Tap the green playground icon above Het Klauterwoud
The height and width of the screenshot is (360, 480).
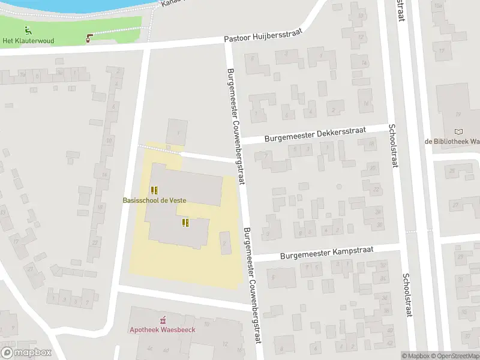pyautogui.click(x=28, y=30)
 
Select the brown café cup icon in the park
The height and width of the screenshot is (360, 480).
pyautogui.click(x=90, y=38)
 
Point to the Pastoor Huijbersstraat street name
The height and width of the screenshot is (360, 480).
pyautogui.click(x=263, y=37)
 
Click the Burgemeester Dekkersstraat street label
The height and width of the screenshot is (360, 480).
pyautogui.click(x=314, y=135)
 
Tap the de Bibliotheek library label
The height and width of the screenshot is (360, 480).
pyautogui.click(x=452, y=142)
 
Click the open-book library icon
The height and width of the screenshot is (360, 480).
pyautogui.click(x=459, y=132)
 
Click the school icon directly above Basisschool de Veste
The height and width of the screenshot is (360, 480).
pyautogui.click(x=154, y=190)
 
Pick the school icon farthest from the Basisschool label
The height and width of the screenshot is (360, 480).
pyautogui.click(x=185, y=223)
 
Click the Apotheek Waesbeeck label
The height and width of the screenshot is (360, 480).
pyautogui.click(x=163, y=329)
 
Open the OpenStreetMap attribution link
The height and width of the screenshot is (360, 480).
pyautogui.click(x=456, y=356)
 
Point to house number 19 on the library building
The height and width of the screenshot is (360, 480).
pyautogui.click(x=457, y=115)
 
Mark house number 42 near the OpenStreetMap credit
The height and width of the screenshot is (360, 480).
pyautogui.click(x=390, y=343)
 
